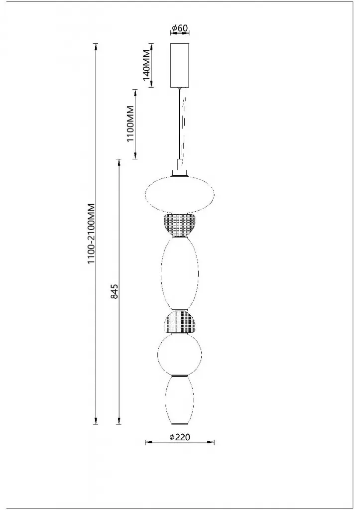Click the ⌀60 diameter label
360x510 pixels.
click(x=180, y=28)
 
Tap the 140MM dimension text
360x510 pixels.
click(x=146, y=65)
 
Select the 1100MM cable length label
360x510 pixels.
click(x=130, y=124)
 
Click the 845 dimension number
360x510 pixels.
click(x=114, y=291)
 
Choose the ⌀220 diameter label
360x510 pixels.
click(x=180, y=437)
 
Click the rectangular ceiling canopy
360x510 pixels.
click(x=180, y=65)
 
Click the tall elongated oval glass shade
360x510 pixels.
click(x=180, y=274)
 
